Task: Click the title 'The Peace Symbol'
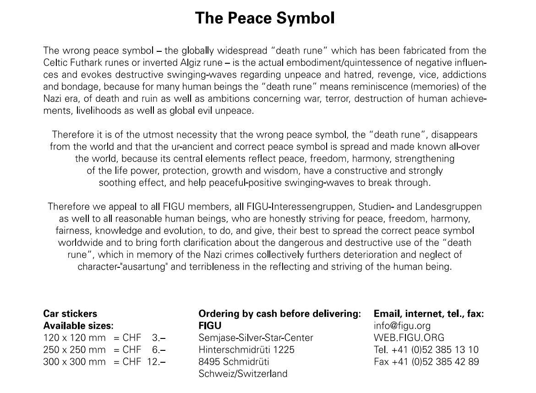(265, 18)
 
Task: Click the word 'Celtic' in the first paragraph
(55, 62)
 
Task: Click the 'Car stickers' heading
(70, 314)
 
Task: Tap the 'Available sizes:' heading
(78, 326)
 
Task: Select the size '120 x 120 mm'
(74, 338)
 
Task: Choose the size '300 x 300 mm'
(74, 362)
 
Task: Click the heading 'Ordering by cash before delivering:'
(279, 314)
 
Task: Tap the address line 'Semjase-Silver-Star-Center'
(256, 338)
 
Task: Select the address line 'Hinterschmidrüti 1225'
(246, 350)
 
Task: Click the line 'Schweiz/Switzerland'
(243, 374)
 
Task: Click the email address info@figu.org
(402, 326)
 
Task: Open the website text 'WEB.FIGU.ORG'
(409, 338)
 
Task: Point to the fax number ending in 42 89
(426, 362)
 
